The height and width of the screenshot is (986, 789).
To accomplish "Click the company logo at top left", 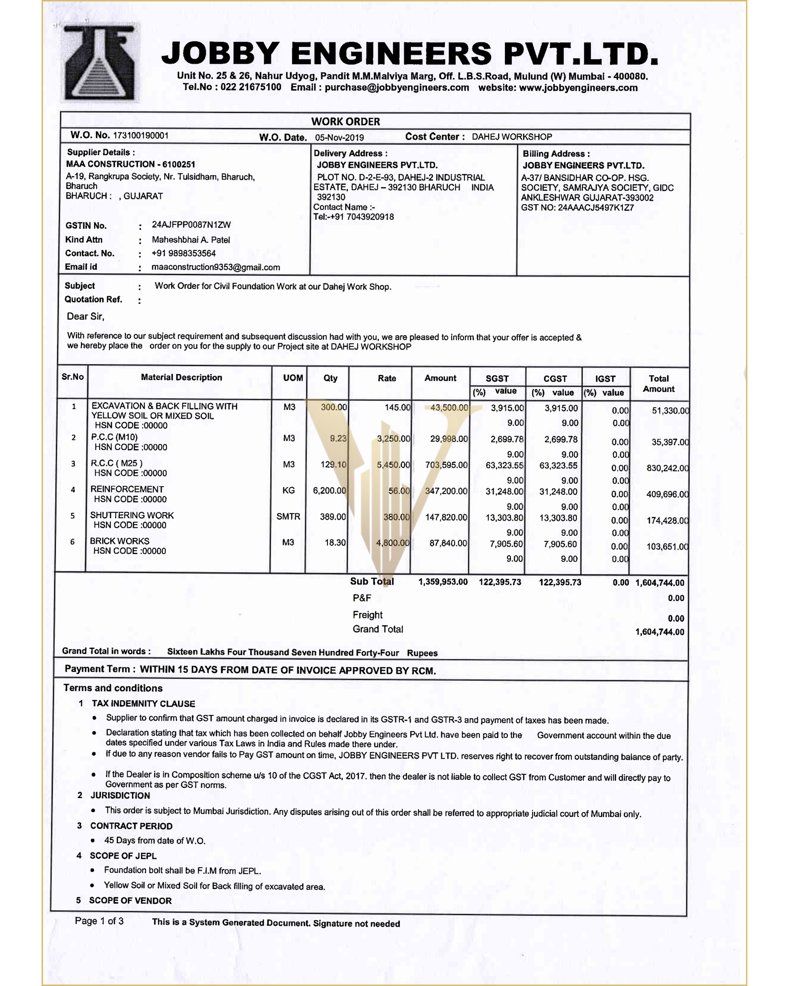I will click(x=100, y=62).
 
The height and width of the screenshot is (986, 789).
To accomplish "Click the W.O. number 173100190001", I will click(x=141, y=136).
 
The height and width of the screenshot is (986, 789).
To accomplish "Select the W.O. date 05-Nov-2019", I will click(x=339, y=138).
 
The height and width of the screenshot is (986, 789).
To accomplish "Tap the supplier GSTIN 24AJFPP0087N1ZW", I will click(x=191, y=225).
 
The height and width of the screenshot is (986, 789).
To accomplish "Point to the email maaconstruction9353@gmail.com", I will click(x=215, y=267).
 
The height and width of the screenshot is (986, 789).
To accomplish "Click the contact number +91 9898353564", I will click(x=183, y=253).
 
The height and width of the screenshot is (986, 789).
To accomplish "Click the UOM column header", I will click(x=293, y=378).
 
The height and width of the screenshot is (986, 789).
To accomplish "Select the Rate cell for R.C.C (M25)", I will click(x=393, y=465).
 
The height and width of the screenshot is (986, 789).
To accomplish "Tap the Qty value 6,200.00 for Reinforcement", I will click(x=329, y=491).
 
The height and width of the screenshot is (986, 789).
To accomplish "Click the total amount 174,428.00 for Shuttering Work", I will click(x=667, y=521).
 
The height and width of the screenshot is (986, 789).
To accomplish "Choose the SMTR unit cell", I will click(x=288, y=517).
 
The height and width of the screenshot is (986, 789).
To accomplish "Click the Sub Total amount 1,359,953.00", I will click(x=443, y=582).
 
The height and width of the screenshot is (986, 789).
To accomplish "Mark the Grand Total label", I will click(x=378, y=629).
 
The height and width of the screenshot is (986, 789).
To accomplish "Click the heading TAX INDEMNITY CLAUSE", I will click(x=143, y=704).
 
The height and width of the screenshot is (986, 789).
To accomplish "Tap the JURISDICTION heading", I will click(x=120, y=795).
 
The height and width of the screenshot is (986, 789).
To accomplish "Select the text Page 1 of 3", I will click(x=99, y=921).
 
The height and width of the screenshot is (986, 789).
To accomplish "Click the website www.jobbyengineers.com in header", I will click(x=578, y=88).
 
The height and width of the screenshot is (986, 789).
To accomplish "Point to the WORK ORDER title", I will click(x=345, y=121).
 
